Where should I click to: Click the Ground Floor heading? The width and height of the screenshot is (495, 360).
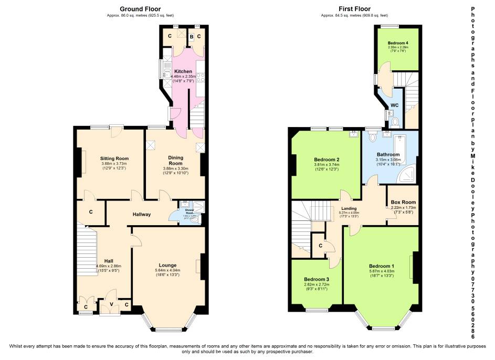[x=140, y=9]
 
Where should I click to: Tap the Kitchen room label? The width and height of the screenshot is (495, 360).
[x=183, y=71]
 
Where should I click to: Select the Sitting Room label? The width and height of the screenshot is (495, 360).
[x=114, y=158]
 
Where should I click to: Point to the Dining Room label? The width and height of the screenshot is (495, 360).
[x=175, y=160]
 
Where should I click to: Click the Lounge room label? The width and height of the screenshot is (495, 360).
[x=168, y=265]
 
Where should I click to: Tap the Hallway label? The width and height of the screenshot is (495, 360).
[x=142, y=214]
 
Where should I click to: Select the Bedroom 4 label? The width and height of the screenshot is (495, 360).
[x=398, y=43]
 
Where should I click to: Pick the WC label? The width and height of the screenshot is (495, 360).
[x=395, y=105]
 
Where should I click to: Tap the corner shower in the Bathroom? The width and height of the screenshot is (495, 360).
[x=408, y=175]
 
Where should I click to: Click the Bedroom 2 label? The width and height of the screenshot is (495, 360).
[x=327, y=160]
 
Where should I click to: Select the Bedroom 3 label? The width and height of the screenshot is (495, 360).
[x=317, y=279]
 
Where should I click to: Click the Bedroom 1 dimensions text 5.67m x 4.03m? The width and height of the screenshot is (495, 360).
[x=381, y=271]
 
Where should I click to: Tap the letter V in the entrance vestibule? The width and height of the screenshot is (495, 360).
[x=110, y=303]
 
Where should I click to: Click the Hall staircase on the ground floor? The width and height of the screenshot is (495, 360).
[x=88, y=247]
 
